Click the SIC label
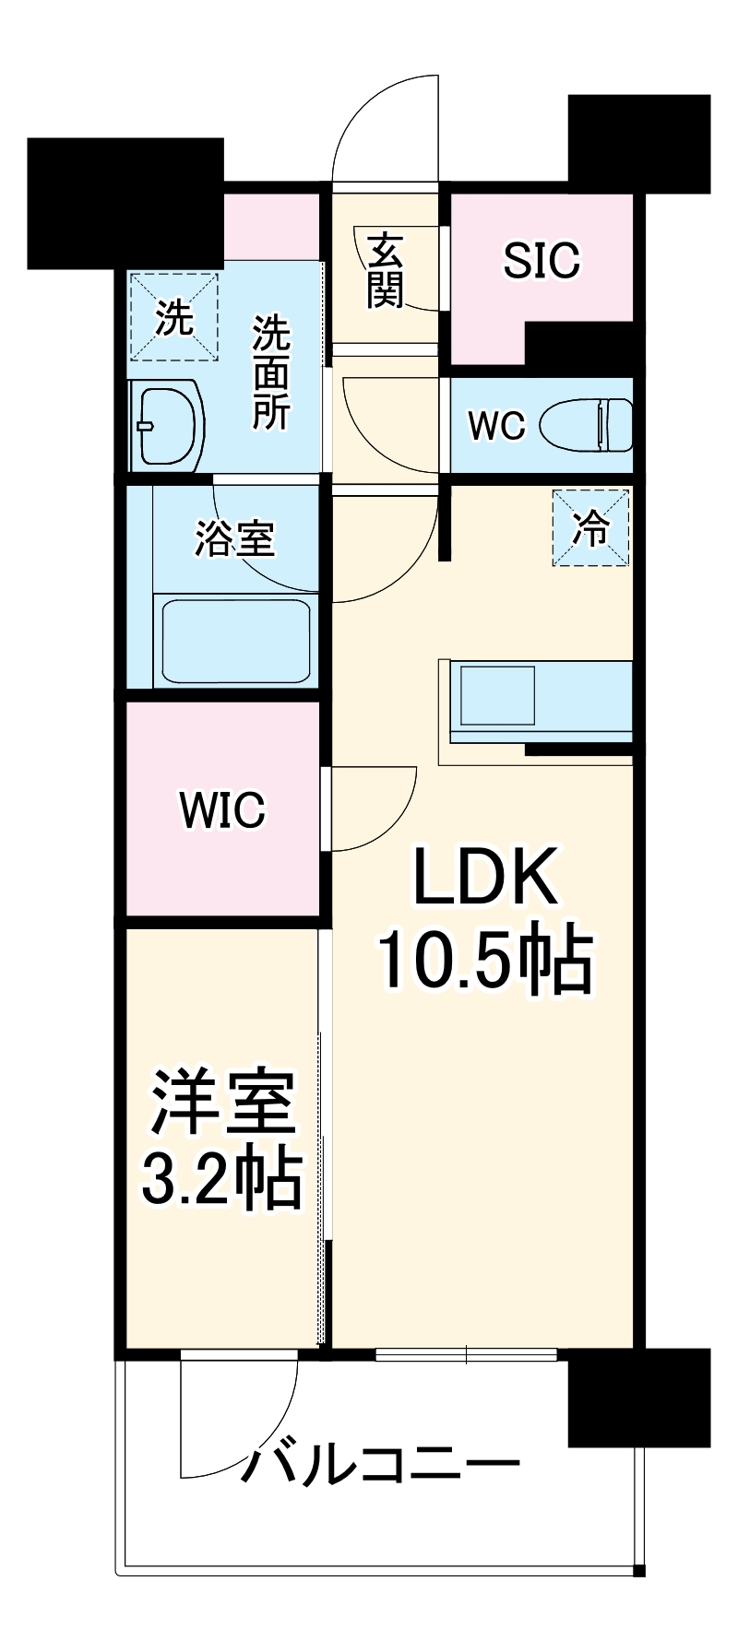point(542,261)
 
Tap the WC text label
point(496,426)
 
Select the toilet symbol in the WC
point(587,425)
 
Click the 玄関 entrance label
point(386,271)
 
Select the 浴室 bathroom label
point(234,539)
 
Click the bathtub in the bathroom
point(235,640)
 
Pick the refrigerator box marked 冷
point(591,529)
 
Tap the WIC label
point(222,809)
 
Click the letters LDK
point(485,878)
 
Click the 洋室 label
point(223,1103)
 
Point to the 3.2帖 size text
point(221,1179)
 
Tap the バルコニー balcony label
point(380,1464)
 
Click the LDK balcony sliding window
point(467,1355)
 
